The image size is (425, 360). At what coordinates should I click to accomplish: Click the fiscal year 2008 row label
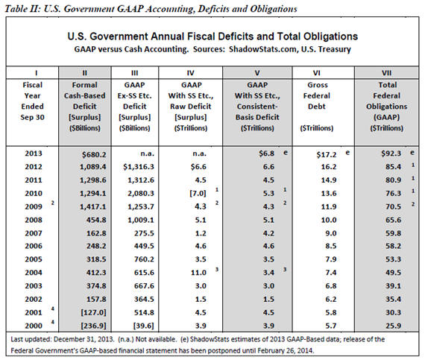click(34, 220)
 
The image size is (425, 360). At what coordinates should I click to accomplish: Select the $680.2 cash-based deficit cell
click(94, 154)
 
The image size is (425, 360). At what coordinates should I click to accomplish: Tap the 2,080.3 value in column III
click(141, 193)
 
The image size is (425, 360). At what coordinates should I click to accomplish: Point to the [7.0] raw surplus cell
click(198, 193)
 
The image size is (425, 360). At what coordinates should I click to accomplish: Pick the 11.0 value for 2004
click(198, 273)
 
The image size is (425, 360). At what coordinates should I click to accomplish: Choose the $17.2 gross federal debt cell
click(327, 154)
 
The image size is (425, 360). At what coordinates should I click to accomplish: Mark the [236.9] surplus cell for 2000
click(93, 326)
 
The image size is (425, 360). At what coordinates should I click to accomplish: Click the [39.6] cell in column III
click(144, 326)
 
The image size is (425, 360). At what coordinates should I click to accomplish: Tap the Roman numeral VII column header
click(386, 73)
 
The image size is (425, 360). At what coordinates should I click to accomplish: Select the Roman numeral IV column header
click(191, 73)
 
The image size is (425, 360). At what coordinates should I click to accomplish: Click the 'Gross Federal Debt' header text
click(317, 95)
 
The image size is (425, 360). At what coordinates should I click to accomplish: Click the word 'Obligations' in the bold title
click(330, 37)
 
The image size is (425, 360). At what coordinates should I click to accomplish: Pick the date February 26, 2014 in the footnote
click(285, 350)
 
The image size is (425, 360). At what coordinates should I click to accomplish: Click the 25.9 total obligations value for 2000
click(393, 326)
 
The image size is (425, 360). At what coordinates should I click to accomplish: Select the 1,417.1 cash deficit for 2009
click(93, 206)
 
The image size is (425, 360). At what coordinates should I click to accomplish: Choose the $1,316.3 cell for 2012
click(139, 167)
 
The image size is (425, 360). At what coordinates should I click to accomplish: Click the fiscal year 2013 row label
click(34, 154)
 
